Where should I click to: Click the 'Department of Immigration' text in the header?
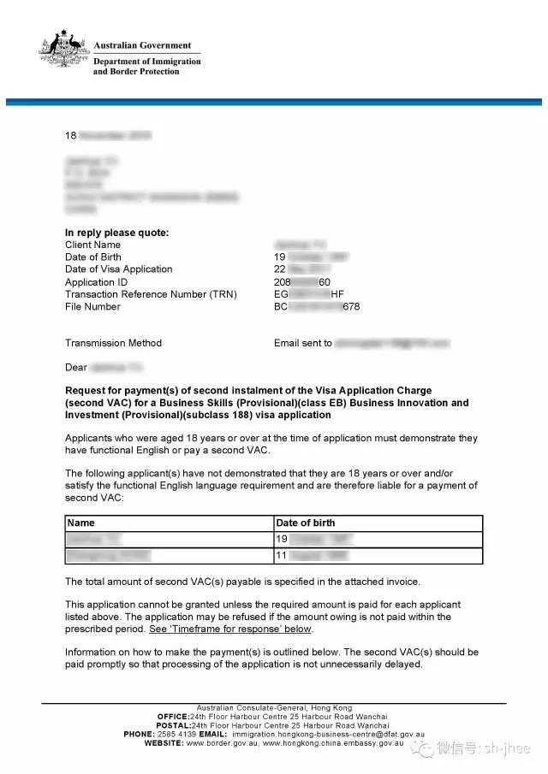pos(147,62)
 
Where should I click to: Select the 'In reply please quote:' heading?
pos(116,233)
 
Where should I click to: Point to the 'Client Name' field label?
pos(92,245)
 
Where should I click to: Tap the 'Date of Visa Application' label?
pos(118,269)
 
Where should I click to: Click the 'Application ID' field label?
pos(96,282)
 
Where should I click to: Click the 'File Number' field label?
pos(92,306)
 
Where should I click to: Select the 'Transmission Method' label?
pos(113,343)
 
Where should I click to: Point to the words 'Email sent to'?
pos(303,343)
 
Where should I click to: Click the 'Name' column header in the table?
pos(80,523)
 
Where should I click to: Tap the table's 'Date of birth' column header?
pos(305,523)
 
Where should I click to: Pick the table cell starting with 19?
pos(377,540)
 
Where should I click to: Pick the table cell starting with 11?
pos(377,556)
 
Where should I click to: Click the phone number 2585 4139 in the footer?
pos(178,734)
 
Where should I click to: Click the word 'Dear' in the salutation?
pos(76,368)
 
